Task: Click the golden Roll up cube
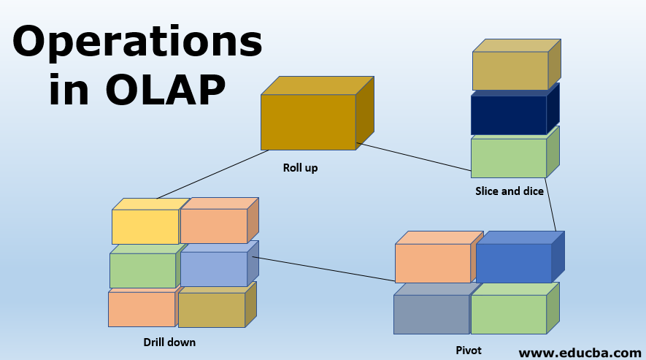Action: pyautogui.click(x=308, y=122)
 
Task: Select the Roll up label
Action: pyautogui.click(x=300, y=168)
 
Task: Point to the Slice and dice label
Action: pyautogui.click(x=508, y=191)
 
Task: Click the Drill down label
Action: pyautogui.click(x=169, y=341)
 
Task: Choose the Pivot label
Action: pyautogui.click(x=468, y=350)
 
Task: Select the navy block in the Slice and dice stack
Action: pyautogui.click(x=509, y=115)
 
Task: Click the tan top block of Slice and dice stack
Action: pyautogui.click(x=509, y=70)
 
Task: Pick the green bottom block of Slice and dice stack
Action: pyautogui.click(x=509, y=158)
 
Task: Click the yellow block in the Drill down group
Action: pyautogui.click(x=145, y=226)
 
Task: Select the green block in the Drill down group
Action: pyautogui.click(x=142, y=270)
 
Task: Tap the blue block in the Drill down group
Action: pyautogui.click(x=213, y=269)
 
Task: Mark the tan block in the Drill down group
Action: pyautogui.click(x=212, y=310)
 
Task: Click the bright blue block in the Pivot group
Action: pyautogui.click(x=513, y=263)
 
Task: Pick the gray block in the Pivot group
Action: pyautogui.click(x=431, y=314)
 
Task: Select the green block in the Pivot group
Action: pyautogui.click(x=509, y=314)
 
